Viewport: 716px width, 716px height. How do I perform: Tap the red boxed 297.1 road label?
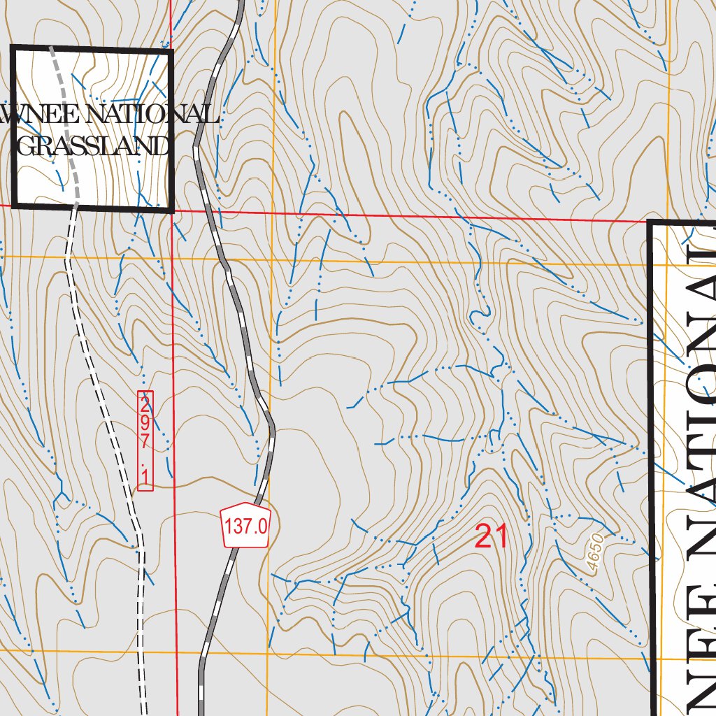(145, 441)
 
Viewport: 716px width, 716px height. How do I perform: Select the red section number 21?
(491, 537)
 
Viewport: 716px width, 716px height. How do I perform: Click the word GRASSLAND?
(93, 145)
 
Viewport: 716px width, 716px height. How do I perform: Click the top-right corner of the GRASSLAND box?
(171, 49)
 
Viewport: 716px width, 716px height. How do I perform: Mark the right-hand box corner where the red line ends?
(651, 222)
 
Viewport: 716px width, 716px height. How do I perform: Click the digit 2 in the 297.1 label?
(145, 404)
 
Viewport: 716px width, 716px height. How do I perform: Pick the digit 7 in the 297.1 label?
(145, 442)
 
